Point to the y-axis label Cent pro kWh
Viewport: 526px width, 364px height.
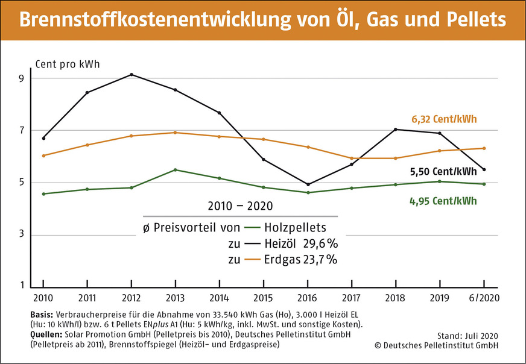point(68,64)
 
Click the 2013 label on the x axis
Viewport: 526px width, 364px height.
point(175,298)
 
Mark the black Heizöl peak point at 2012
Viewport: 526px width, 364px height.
point(131,75)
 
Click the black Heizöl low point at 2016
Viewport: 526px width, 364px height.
point(308,184)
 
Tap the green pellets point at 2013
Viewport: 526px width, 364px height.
point(176,170)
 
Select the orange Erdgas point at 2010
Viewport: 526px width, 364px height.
point(43,155)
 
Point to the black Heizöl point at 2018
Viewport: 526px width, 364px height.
point(396,130)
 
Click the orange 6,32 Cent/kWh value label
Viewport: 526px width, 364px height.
point(444,119)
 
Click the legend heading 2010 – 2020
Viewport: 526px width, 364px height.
point(239,206)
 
